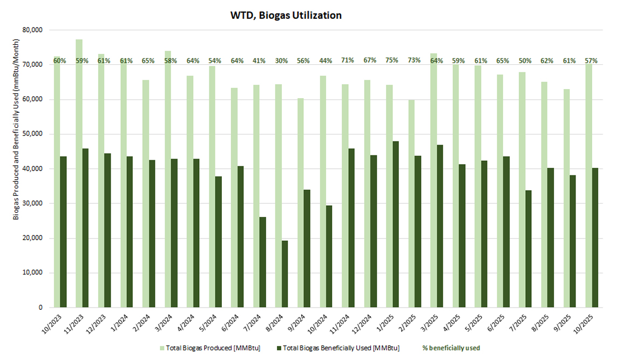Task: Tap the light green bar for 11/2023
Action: (79, 173)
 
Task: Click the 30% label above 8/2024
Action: (281, 61)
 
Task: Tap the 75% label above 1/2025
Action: (392, 61)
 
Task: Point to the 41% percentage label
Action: (259, 61)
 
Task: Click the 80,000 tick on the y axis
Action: (33, 30)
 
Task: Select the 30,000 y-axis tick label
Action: (33, 203)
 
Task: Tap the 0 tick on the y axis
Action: (40, 308)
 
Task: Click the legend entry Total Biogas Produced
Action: (210, 348)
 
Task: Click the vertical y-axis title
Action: (17, 169)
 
